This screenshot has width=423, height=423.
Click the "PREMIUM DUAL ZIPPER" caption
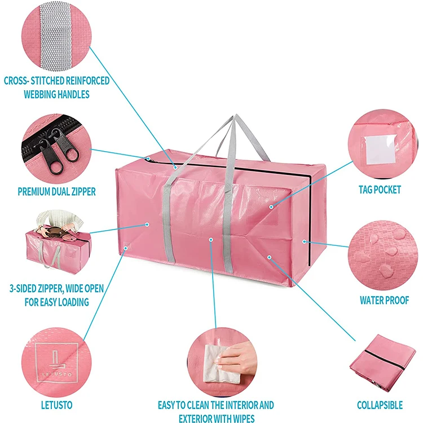click(56, 191)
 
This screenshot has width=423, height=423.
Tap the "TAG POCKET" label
click(380, 190)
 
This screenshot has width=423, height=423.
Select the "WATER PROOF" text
click(384, 300)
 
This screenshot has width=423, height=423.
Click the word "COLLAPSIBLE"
click(380, 404)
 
